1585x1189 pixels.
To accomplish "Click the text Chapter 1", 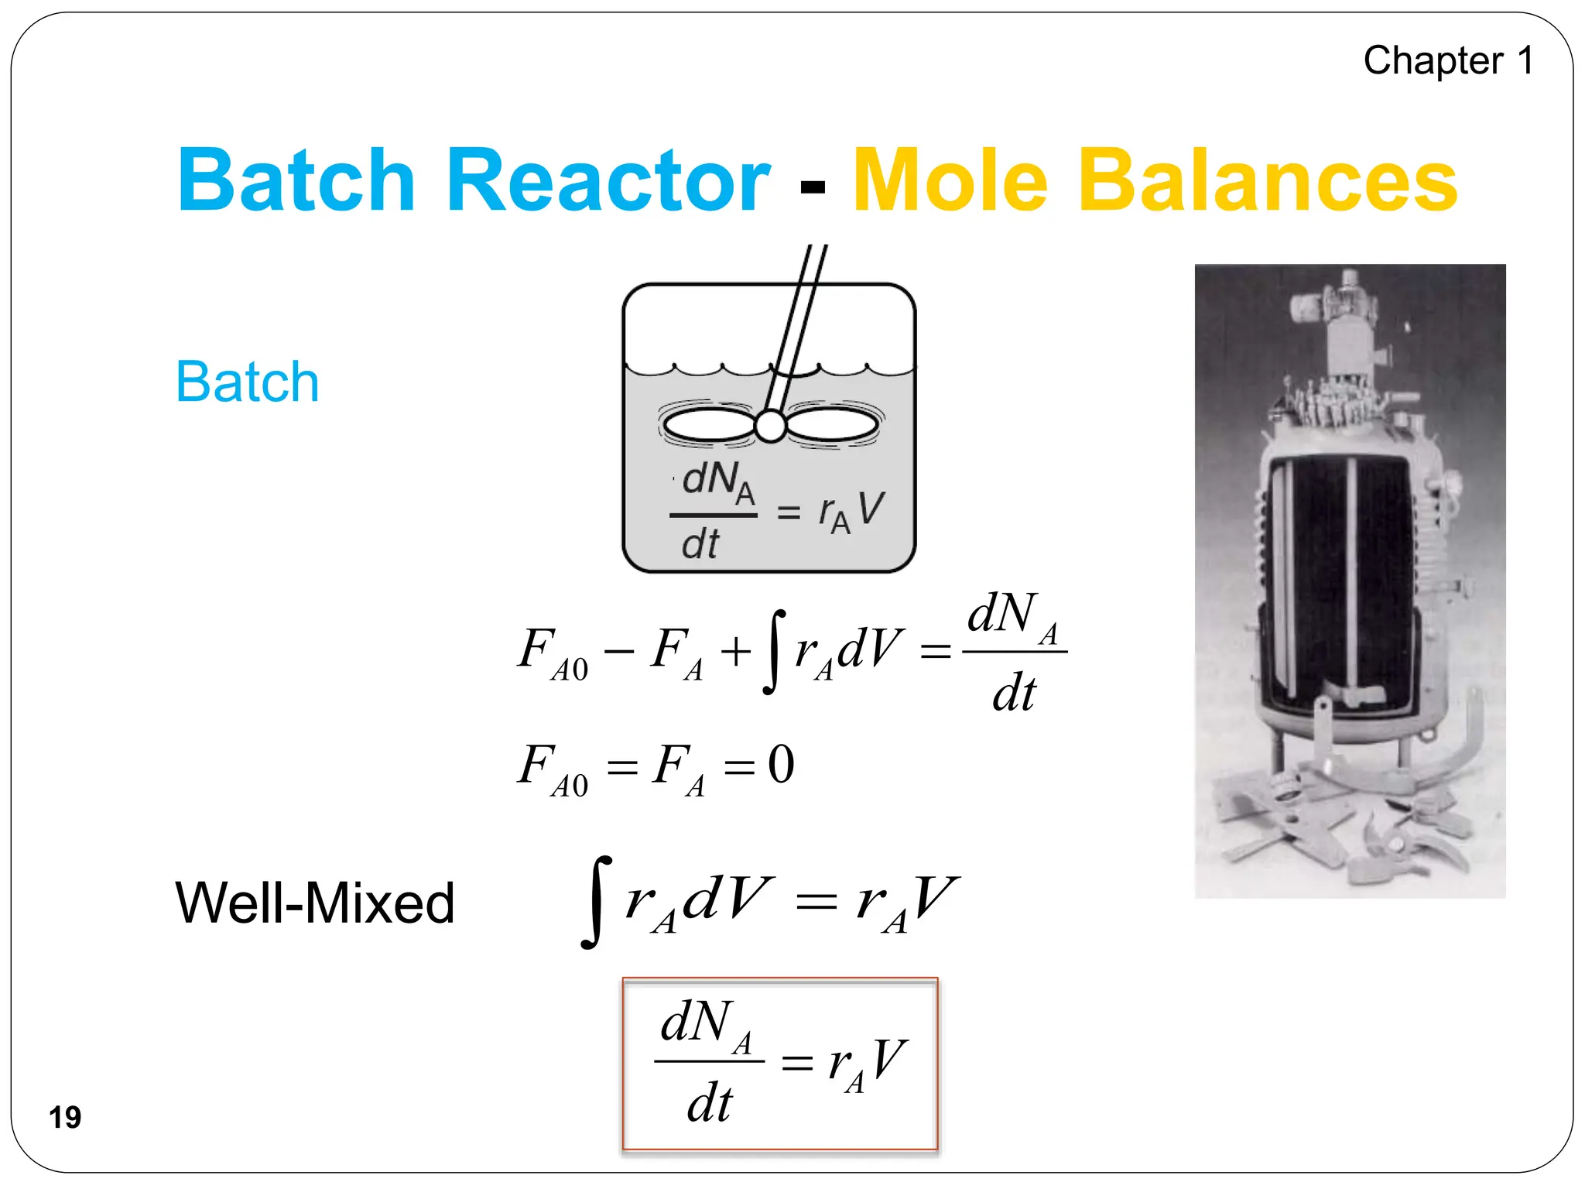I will click(x=1448, y=60).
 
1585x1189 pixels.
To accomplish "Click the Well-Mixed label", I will click(x=314, y=903).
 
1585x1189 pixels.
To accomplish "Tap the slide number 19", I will click(x=65, y=1117).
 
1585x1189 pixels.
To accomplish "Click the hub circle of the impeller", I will click(x=770, y=426).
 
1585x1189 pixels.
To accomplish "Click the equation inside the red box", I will click(x=780, y=1063).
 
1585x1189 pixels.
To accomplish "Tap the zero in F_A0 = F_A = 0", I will click(x=781, y=765).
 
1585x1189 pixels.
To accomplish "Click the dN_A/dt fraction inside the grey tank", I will click(x=713, y=512).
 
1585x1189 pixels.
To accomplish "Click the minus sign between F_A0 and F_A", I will click(x=619, y=651).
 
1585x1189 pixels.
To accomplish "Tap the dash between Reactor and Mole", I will click(x=812, y=187).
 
